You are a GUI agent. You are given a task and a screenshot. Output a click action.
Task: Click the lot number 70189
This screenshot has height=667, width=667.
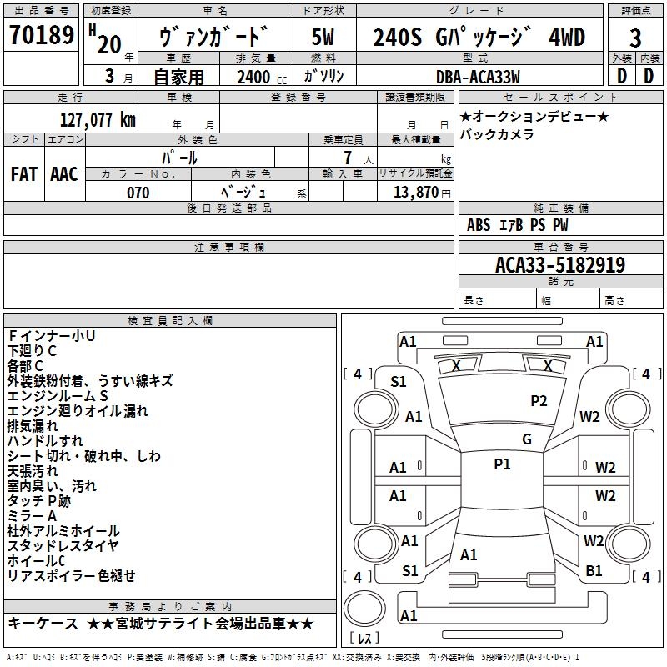[43, 37]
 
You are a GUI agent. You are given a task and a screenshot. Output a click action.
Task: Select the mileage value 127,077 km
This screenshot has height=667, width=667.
[98, 119]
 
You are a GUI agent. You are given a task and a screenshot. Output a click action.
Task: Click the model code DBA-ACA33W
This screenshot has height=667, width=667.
[478, 77]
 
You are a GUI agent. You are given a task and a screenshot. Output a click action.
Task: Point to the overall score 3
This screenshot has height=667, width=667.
[635, 38]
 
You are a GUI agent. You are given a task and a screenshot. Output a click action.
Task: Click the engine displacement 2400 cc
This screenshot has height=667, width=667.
[256, 78]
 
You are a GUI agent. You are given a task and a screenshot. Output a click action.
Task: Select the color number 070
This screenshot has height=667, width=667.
[138, 193]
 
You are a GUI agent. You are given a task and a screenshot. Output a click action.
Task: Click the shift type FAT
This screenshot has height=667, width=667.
[24, 173]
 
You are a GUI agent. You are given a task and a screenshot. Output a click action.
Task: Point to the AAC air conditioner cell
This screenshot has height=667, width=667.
[64, 173]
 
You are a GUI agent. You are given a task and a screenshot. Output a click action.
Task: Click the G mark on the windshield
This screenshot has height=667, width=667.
[526, 439]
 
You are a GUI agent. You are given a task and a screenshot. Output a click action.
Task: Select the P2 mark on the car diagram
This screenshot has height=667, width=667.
[539, 401]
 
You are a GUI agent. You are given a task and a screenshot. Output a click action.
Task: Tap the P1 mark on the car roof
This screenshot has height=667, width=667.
[502, 464]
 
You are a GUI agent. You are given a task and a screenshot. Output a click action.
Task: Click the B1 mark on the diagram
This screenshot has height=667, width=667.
[594, 571]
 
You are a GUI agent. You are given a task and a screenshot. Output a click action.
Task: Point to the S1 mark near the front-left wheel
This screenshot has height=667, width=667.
[399, 382]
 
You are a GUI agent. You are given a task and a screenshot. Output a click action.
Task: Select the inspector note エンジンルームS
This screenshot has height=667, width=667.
[58, 395]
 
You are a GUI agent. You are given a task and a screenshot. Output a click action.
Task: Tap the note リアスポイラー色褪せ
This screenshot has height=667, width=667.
[71, 576]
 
